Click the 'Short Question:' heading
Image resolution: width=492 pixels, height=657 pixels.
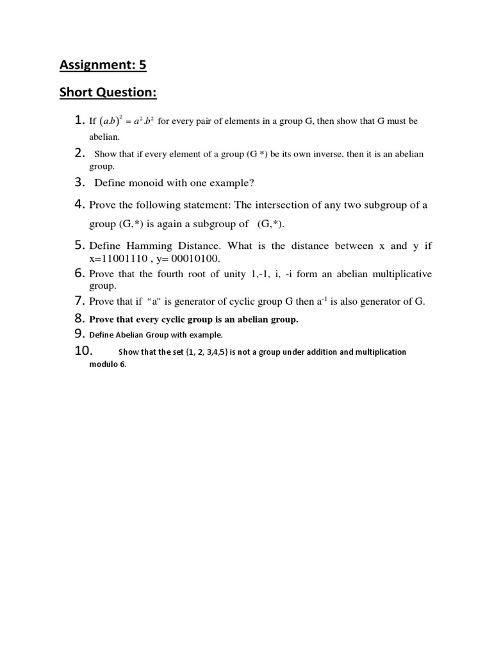(x=108, y=93)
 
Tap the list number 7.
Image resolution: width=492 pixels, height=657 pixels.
(x=80, y=301)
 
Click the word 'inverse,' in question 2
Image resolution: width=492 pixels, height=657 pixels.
(x=324, y=155)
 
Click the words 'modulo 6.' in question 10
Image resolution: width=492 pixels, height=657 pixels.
(x=108, y=364)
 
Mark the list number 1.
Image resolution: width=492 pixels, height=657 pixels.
(x=79, y=120)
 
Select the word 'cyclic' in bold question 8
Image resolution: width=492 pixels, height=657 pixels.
(x=168, y=319)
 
